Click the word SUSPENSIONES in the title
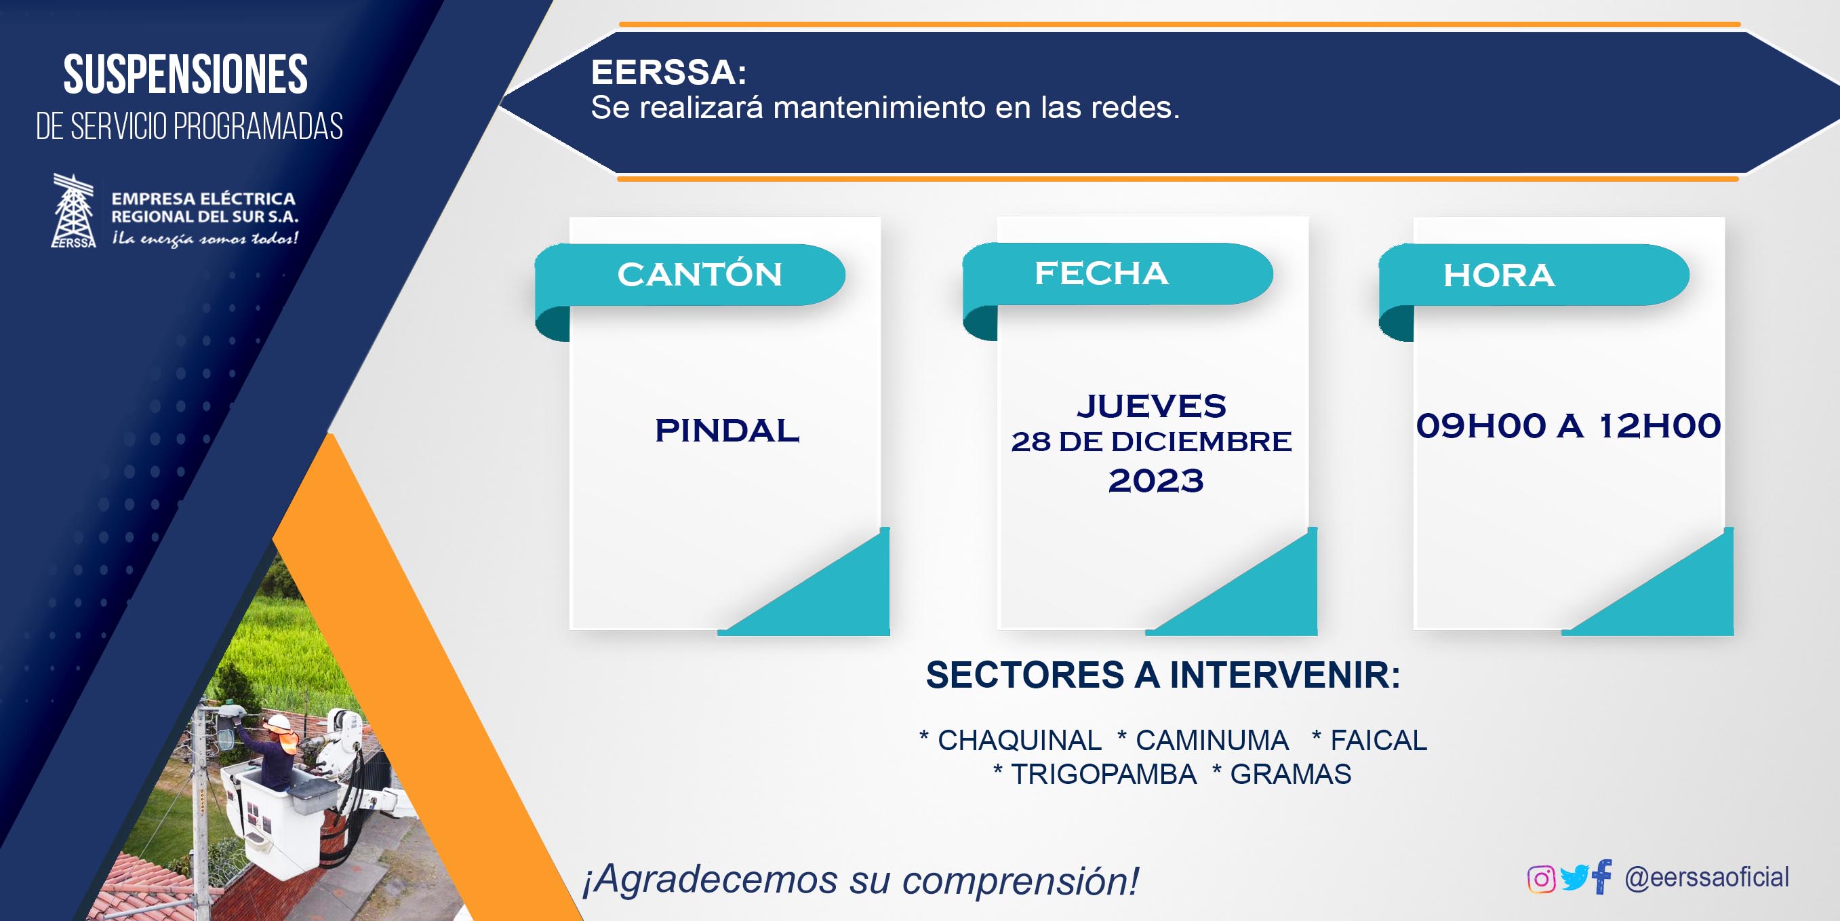186,75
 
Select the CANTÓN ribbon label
699,275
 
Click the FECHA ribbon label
1102,273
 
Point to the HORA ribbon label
1498,275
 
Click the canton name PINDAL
727,430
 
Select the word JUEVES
1151,406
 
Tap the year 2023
1156,480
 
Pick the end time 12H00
1660,426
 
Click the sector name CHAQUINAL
1019,740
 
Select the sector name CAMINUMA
1212,740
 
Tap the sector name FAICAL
1378,740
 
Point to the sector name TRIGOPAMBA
1104,775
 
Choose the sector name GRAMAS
1291,775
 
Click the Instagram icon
1541,879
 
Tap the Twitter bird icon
1574,878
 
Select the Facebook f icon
1601,877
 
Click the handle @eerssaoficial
1706,878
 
